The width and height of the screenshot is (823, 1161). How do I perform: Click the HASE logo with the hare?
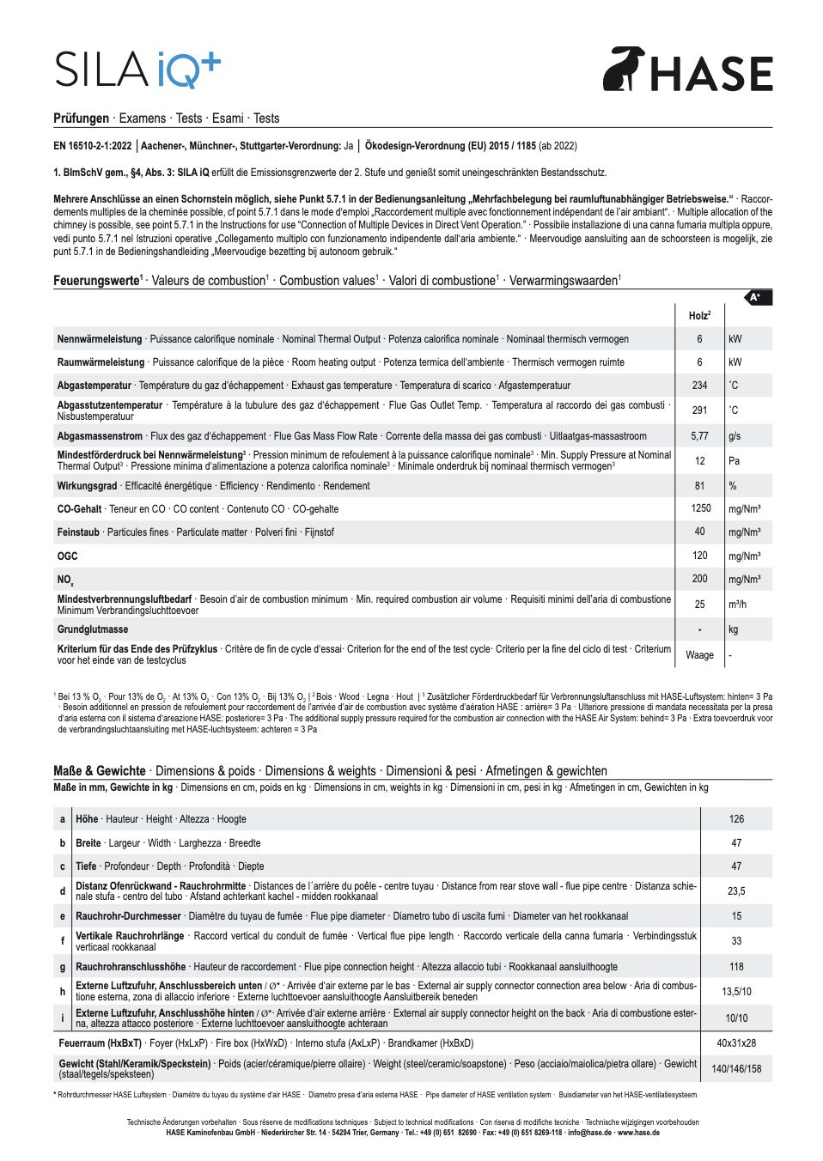click(x=687, y=70)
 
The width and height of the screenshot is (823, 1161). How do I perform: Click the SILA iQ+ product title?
click(x=137, y=70)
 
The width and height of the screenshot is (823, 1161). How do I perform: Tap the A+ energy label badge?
click(x=756, y=297)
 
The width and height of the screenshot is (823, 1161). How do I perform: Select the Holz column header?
click(x=699, y=316)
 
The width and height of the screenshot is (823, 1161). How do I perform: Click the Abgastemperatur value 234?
click(x=699, y=386)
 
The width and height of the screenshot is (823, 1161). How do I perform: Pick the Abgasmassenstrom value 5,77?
click(x=699, y=436)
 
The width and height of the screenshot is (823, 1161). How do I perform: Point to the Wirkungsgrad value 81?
click(x=699, y=486)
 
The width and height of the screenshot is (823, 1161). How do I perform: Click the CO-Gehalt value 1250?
click(x=700, y=508)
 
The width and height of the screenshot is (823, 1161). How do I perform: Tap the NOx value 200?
click(x=699, y=579)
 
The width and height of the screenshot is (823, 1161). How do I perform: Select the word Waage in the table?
click(x=699, y=655)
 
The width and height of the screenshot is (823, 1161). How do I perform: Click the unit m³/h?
click(x=737, y=605)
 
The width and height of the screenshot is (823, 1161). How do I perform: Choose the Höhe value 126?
click(x=736, y=819)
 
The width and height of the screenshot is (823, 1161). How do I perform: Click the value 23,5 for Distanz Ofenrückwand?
click(x=736, y=891)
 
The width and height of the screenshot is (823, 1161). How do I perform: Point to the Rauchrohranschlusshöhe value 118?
click(x=736, y=966)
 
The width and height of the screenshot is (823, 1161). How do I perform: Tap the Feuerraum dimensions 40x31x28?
click(x=736, y=1043)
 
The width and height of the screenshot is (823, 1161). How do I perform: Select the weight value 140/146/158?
click(x=736, y=1069)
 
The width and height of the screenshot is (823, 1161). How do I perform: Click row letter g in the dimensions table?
click(x=62, y=966)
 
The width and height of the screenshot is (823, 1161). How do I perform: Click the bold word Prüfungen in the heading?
click(x=81, y=119)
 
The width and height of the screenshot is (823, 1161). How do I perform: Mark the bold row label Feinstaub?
click(x=78, y=532)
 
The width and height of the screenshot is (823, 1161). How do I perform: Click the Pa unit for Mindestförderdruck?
click(x=734, y=461)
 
